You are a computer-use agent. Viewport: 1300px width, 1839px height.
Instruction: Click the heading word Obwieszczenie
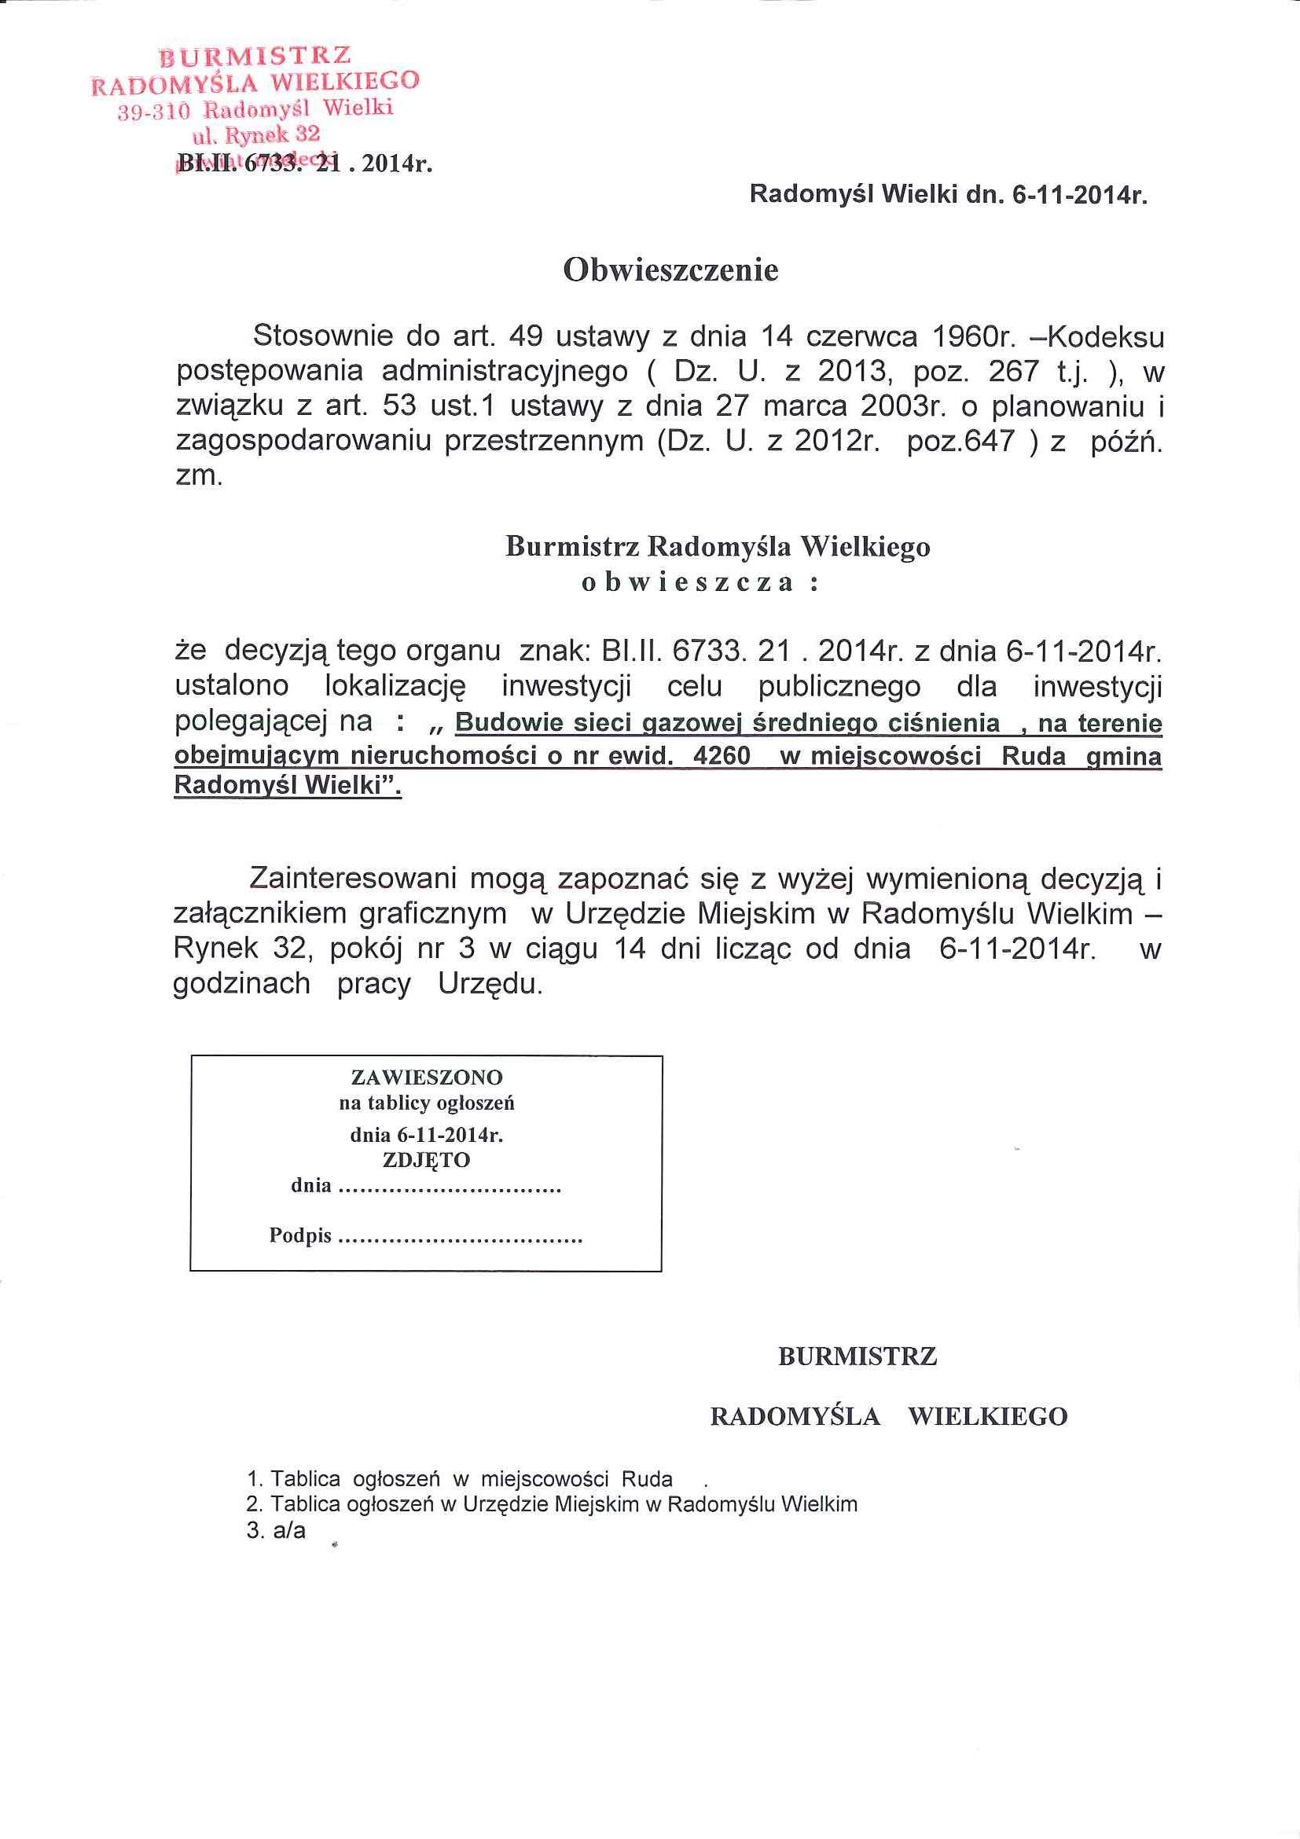670,270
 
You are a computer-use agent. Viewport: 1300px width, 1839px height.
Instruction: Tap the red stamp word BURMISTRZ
255,55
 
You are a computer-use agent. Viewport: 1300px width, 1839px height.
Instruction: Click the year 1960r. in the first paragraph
974,336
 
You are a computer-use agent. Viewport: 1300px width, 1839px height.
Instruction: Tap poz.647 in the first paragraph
961,442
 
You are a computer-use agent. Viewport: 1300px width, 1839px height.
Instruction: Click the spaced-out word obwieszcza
687,582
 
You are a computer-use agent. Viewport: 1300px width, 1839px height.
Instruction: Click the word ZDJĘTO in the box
426,1159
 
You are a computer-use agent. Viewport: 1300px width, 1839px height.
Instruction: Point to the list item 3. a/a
277,1531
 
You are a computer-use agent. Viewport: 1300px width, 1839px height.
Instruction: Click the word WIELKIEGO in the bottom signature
988,1417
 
